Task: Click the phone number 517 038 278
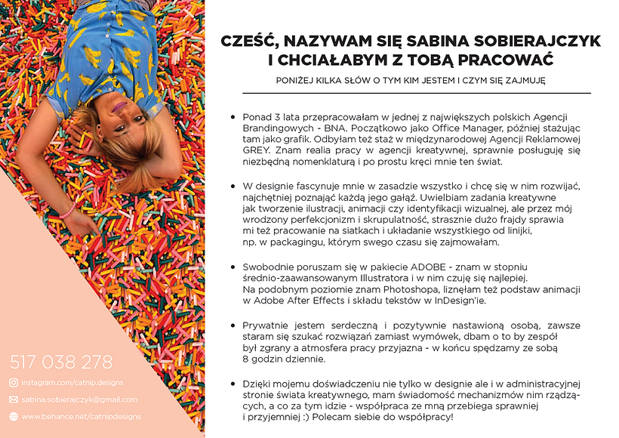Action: [61, 362]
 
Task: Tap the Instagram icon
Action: [13, 383]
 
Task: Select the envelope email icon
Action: [13, 399]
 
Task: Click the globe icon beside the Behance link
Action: [13, 417]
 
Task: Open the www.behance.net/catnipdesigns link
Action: [72, 417]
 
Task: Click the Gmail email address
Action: [79, 399]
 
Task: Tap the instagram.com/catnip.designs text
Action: [72, 383]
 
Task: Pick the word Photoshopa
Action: [379, 290]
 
